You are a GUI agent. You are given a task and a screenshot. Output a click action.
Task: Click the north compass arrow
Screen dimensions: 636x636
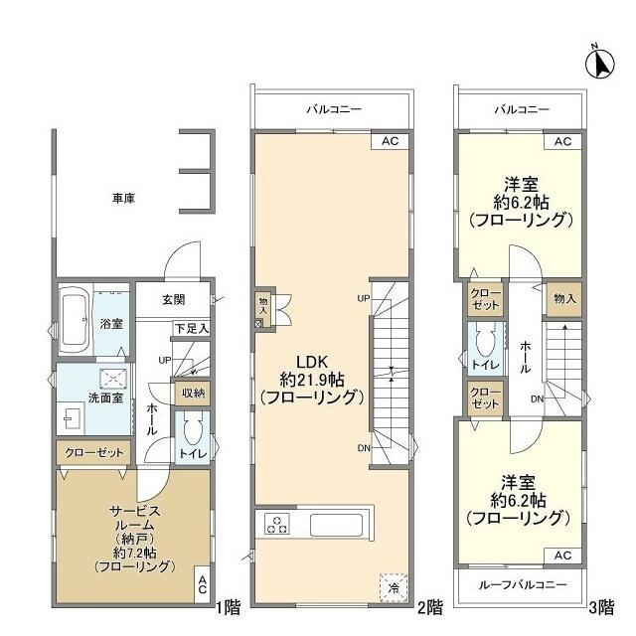[600, 64]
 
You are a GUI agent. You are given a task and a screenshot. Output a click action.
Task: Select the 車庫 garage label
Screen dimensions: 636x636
[123, 199]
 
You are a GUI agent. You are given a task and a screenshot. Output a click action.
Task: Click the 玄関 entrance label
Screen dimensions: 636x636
[174, 300]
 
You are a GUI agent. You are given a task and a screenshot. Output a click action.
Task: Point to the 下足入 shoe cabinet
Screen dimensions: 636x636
[192, 328]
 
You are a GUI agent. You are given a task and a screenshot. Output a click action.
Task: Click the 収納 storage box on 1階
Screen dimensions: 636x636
[193, 394]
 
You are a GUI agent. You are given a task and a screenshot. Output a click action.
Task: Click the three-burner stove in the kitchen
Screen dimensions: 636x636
[277, 524]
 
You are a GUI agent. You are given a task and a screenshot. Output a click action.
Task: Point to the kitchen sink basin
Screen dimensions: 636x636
[336, 525]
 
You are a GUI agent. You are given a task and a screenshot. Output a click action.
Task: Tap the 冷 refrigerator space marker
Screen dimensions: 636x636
[394, 587]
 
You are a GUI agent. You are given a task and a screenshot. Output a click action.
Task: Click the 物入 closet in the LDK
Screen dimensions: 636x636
[263, 310]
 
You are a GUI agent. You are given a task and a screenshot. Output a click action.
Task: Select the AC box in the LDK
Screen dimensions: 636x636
[390, 141]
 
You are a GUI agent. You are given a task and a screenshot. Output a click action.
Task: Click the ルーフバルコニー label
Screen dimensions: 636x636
[523, 584]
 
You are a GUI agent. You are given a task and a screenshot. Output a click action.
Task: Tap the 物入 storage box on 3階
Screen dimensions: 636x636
[564, 299]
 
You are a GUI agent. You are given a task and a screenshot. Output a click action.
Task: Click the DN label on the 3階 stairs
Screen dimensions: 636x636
[537, 399]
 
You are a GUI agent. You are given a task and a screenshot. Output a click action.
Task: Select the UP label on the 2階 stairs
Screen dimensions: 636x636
[364, 298]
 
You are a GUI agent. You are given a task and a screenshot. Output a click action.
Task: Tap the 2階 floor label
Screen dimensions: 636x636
[430, 607]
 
